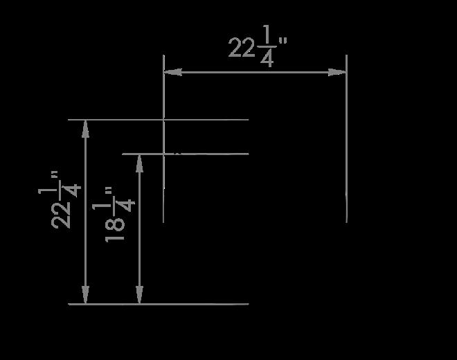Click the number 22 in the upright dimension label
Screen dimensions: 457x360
pyautogui.click(x=242, y=48)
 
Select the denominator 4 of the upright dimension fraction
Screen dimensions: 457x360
pyautogui.click(x=267, y=58)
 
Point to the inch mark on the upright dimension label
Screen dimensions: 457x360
pyautogui.click(x=283, y=41)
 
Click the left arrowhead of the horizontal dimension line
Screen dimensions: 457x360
pyautogui.click(x=173, y=72)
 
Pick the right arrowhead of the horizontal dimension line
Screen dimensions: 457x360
pyautogui.click(x=337, y=72)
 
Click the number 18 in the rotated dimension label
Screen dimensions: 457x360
pyautogui.click(x=115, y=229)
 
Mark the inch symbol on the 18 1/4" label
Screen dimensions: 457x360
pyautogui.click(x=109, y=191)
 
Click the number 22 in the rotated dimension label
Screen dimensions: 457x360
pyautogui.click(x=61, y=215)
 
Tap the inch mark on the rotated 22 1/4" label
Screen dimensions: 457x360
pyautogui.click(x=54, y=175)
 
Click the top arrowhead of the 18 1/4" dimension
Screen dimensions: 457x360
pyautogui.click(x=140, y=163)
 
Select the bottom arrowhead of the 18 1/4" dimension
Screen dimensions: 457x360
pyautogui.click(x=140, y=295)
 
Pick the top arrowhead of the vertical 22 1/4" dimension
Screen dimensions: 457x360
pyautogui.click(x=85, y=129)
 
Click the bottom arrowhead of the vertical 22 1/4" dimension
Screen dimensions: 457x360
pyautogui.click(x=85, y=295)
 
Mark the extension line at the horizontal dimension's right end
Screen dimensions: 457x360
pyautogui.click(x=346, y=138)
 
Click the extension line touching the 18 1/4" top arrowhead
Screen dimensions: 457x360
pyautogui.click(x=186, y=154)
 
